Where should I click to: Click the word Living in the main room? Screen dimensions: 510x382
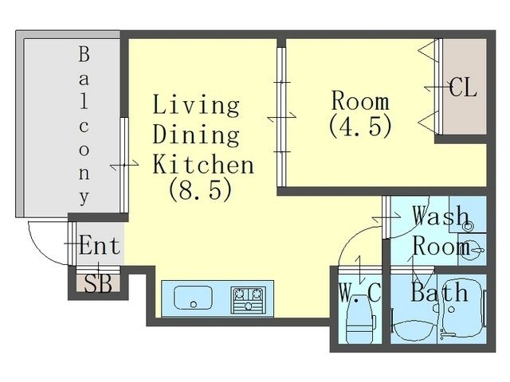click(196, 106)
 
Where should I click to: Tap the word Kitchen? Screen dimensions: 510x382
click(203, 164)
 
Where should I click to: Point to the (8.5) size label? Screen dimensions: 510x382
click(200, 190)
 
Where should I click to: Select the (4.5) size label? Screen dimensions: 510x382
click(360, 127)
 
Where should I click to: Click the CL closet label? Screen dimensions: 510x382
click(463, 88)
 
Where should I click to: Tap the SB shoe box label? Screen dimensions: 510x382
click(97, 283)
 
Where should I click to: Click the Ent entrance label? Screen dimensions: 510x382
click(100, 246)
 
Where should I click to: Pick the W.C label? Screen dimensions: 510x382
click(359, 293)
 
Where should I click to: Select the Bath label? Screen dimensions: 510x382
click(439, 292)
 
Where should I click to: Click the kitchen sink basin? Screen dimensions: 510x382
click(193, 298)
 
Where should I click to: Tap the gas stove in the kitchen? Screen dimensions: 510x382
click(248, 300)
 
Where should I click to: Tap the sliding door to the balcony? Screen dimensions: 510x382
click(124, 166)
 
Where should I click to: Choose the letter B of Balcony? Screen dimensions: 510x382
click(84, 54)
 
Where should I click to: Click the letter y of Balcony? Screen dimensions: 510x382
click(84, 197)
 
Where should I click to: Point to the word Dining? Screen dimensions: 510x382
click(196, 134)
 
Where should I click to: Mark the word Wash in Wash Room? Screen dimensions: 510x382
click(440, 216)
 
